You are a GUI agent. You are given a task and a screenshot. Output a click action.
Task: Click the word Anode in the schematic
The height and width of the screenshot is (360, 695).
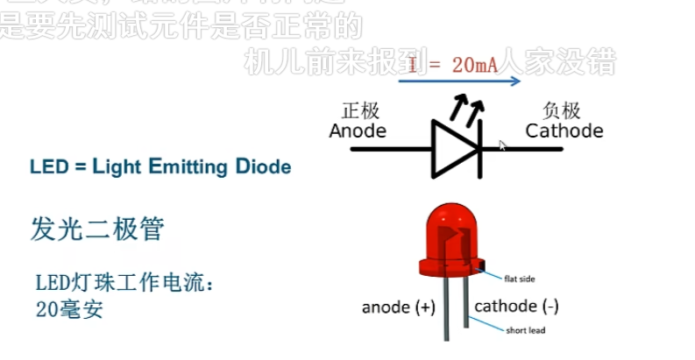pyautogui.click(x=358, y=131)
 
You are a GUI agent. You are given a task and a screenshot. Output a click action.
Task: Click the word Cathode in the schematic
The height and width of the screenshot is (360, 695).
pyautogui.click(x=564, y=131)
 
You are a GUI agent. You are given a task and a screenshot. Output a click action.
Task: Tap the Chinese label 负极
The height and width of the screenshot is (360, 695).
pyautogui.click(x=562, y=110)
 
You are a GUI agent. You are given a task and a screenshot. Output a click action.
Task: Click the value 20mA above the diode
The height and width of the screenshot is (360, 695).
pyautogui.click(x=479, y=64)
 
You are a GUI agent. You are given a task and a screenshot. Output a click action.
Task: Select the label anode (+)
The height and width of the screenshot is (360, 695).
pyautogui.click(x=398, y=307)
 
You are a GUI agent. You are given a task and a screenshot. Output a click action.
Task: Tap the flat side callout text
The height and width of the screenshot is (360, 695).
pyautogui.click(x=519, y=279)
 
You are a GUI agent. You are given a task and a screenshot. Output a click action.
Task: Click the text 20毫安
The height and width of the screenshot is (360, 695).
pyautogui.click(x=69, y=307)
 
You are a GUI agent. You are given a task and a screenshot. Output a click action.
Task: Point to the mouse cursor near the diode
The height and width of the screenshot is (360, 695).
pyautogui.click(x=502, y=145)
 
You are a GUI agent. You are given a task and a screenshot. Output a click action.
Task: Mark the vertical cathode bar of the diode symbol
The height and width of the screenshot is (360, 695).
pyautogui.click(x=479, y=150)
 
